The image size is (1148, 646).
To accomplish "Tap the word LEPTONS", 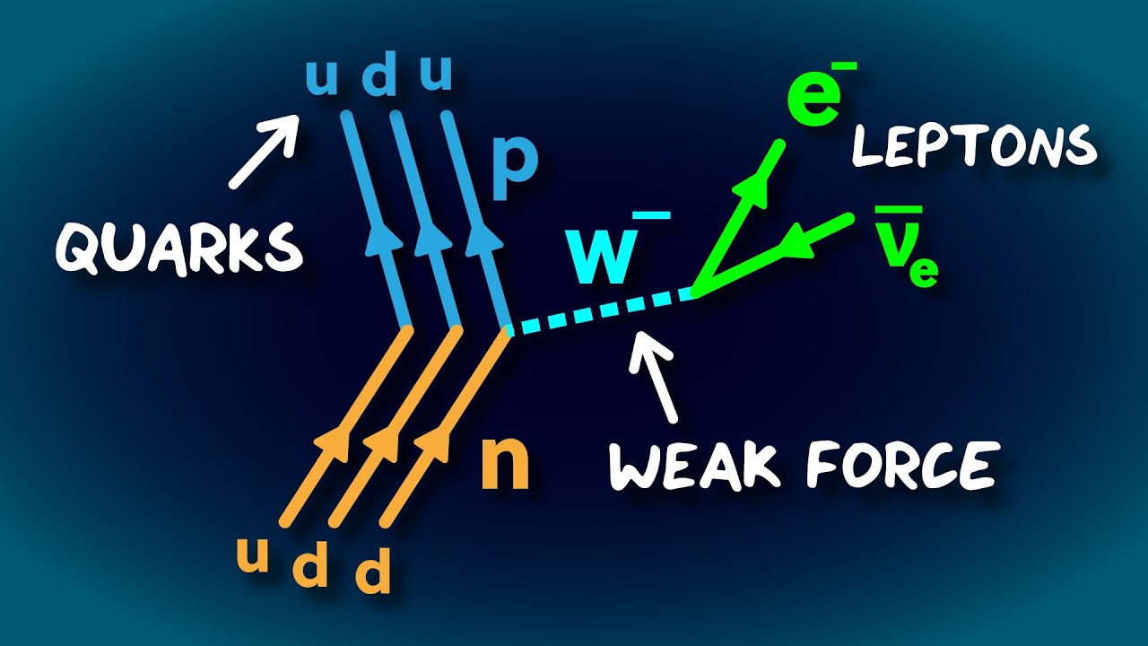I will click(x=974, y=146).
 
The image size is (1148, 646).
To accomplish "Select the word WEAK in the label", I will click(x=696, y=465).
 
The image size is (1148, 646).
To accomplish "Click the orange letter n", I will click(x=505, y=464).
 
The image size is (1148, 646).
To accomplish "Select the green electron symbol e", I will click(x=813, y=99).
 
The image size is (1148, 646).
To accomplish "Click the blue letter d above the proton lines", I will click(x=378, y=78).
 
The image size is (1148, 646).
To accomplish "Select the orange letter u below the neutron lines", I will click(x=254, y=556).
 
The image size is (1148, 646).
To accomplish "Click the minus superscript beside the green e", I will click(x=847, y=66).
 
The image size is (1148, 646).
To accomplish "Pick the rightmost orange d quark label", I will click(x=373, y=575).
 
